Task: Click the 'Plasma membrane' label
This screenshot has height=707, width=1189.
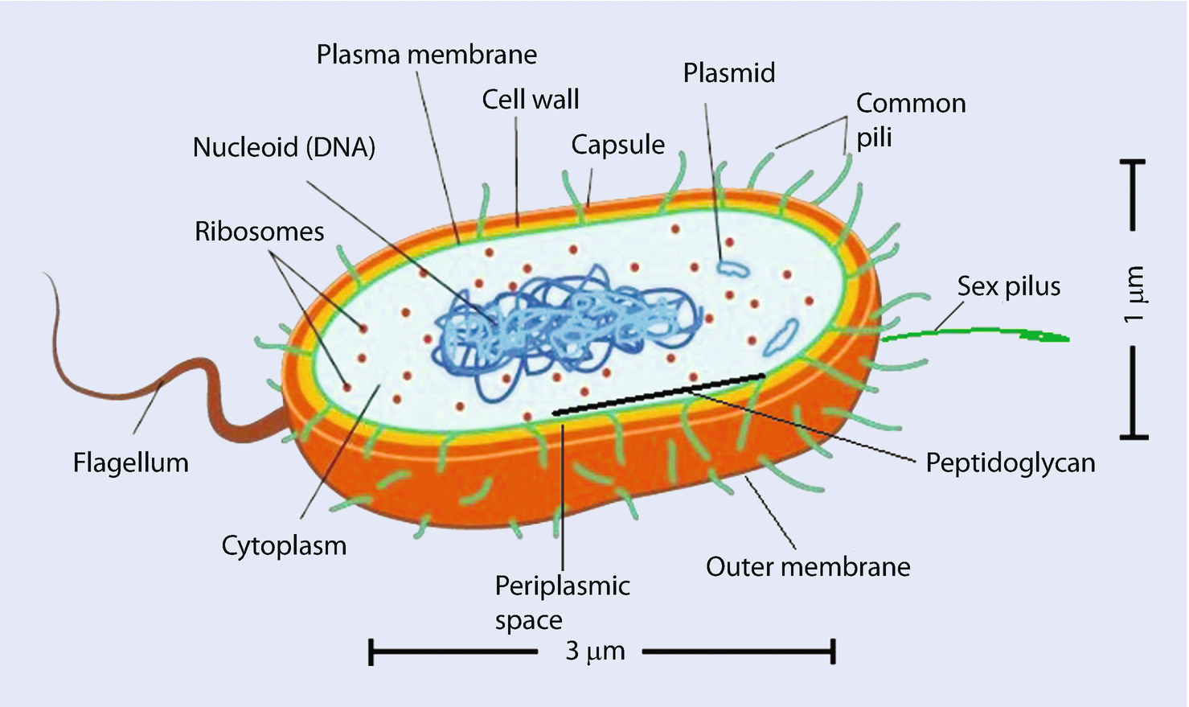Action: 426,55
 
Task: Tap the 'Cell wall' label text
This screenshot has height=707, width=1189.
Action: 530,100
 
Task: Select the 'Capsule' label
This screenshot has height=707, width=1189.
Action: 617,145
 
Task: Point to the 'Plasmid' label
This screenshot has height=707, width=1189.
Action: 728,73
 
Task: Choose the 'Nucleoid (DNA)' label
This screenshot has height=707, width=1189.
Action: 284,147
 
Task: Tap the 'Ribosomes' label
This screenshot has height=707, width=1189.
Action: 259,232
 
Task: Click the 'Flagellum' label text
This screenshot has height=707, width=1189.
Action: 130,462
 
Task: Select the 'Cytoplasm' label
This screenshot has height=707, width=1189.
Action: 284,545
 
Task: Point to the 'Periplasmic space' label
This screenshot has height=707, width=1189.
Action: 561,602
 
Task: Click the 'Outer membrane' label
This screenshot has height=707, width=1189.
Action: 807,567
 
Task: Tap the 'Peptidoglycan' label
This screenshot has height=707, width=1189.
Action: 1010,463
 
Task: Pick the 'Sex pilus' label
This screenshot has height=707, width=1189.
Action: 1008,286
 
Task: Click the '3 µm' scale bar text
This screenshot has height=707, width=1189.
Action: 595,651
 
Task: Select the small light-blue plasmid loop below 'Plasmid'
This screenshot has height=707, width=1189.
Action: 732,268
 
